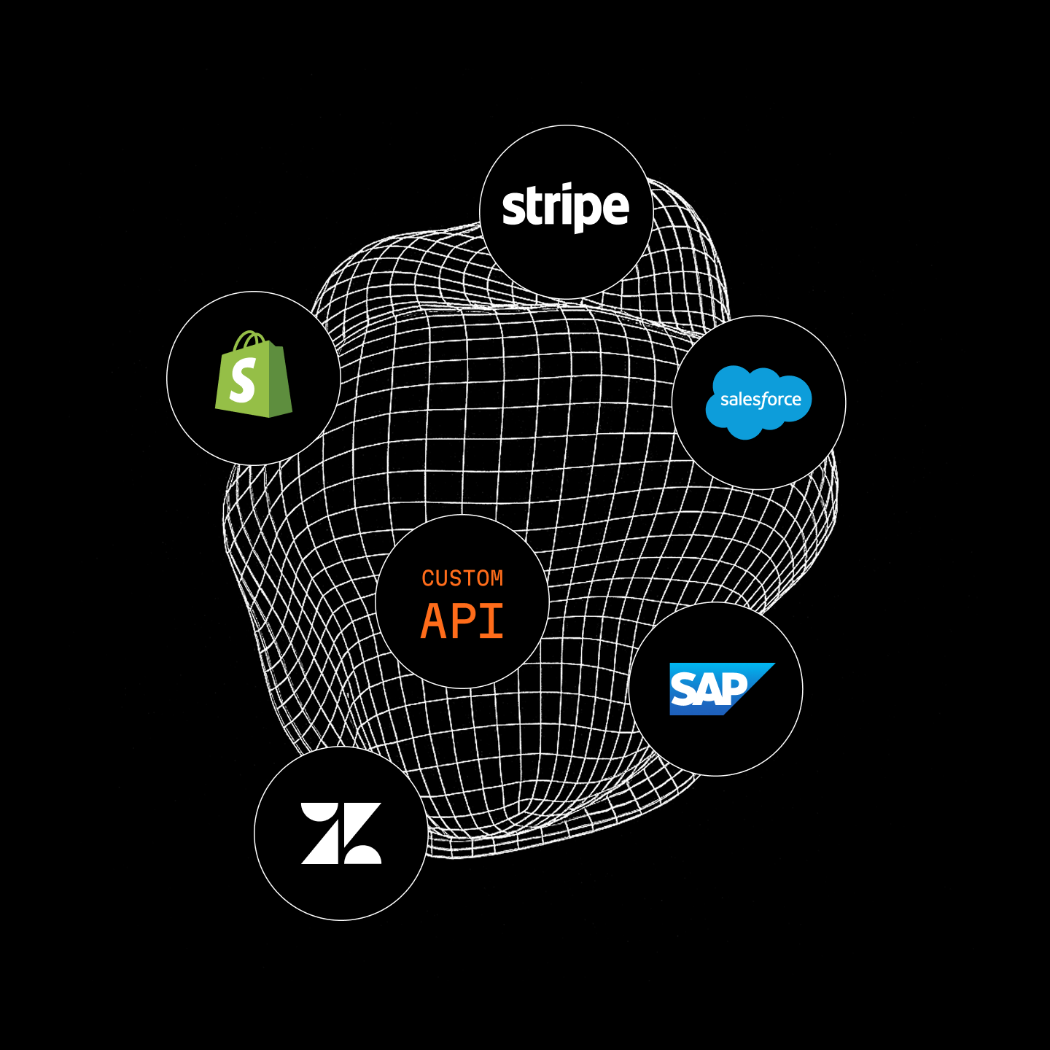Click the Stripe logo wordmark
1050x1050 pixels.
pyautogui.click(x=566, y=208)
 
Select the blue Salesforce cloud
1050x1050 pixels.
pyautogui.click(x=758, y=402)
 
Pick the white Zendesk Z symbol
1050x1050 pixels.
pyautogui.click(x=341, y=833)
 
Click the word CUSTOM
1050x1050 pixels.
pyautogui.click(x=462, y=578)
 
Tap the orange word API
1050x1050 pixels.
pyautogui.click(x=462, y=621)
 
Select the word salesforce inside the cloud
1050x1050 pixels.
pyautogui.click(x=761, y=400)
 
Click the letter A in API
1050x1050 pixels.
pyautogui.click(x=434, y=621)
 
